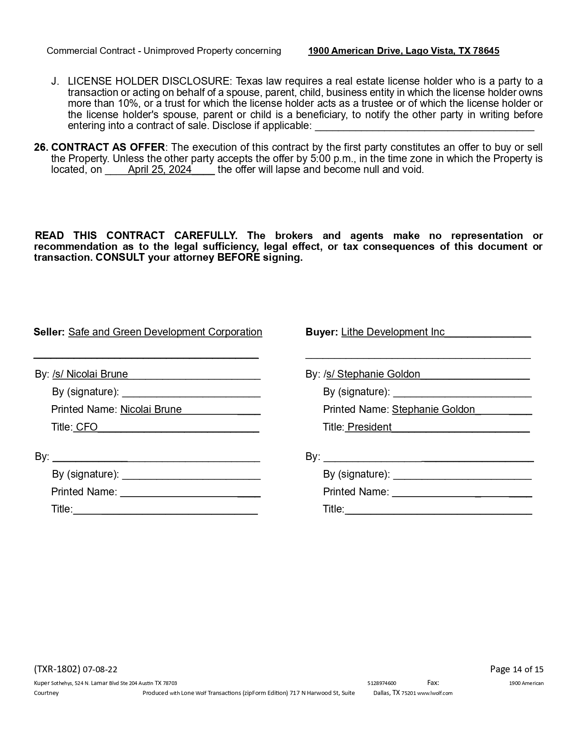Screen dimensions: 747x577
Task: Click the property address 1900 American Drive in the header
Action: click(x=403, y=51)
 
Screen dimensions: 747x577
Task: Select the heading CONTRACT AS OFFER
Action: click(x=108, y=148)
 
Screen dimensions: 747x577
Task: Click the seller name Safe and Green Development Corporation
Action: click(x=165, y=332)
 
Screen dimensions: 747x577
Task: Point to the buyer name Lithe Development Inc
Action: click(x=393, y=332)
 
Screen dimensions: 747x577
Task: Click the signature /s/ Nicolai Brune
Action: click(x=90, y=374)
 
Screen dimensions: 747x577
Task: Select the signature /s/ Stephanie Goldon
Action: click(x=372, y=374)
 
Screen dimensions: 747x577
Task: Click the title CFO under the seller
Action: click(x=86, y=427)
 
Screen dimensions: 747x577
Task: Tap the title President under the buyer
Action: click(x=369, y=427)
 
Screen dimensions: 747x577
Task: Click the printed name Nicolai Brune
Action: click(x=151, y=409)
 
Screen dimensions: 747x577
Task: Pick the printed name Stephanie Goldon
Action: click(x=433, y=409)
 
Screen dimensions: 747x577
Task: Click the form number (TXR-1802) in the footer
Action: click(x=57, y=669)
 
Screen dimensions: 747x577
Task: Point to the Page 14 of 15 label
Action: click(x=516, y=669)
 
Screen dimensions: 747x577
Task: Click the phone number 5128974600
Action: click(x=381, y=683)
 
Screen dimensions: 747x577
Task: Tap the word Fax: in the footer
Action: click(x=433, y=683)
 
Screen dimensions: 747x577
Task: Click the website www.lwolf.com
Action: click(x=434, y=693)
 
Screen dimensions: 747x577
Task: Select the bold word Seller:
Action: click(x=49, y=332)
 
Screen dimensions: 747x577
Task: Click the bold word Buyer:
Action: click(x=321, y=332)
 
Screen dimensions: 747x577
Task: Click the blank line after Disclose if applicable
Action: click(x=424, y=128)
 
